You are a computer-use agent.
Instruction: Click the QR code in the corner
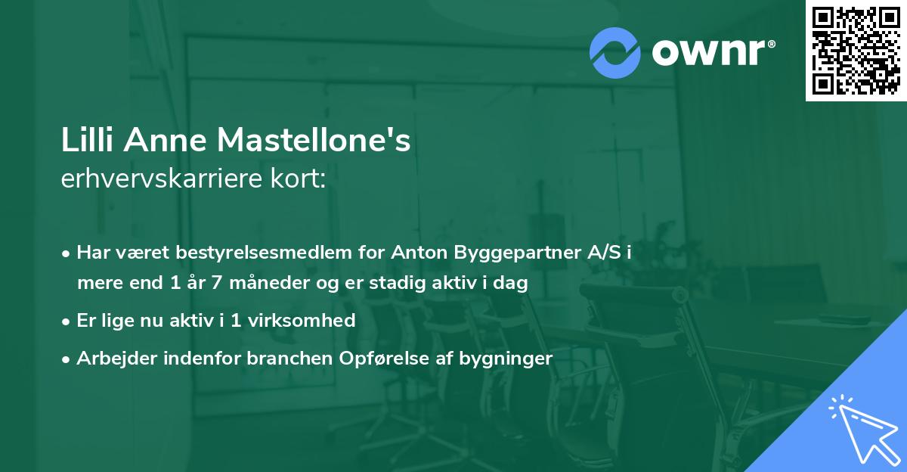(x=856, y=51)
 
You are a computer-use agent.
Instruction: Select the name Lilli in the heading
(x=86, y=141)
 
